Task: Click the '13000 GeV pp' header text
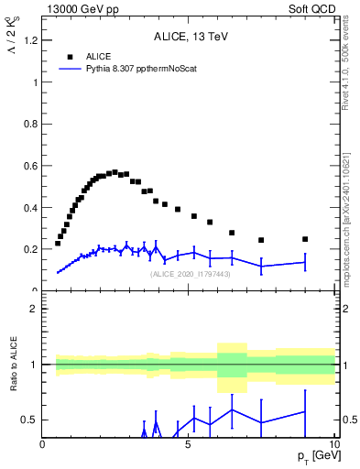pos(78,8)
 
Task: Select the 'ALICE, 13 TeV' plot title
pos(191,38)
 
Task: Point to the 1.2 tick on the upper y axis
pos(33,40)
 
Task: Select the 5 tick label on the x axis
pos(188,445)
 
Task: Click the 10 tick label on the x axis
pos(333,445)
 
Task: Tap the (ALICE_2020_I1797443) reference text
pos(191,274)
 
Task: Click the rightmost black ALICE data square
pos(305,239)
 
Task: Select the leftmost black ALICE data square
pos(58,244)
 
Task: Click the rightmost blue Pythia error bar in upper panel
pos(305,262)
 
